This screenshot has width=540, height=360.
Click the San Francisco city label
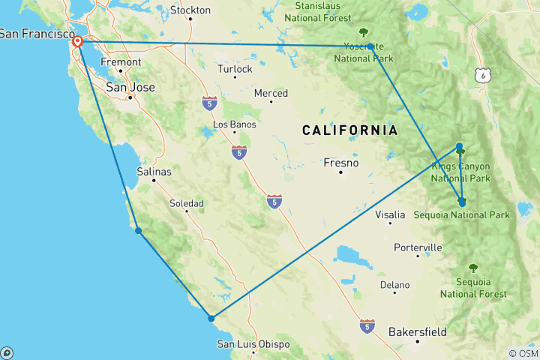pos(33,34)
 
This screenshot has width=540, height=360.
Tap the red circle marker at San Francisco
pos(77,42)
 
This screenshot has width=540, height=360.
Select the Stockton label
pos(190,10)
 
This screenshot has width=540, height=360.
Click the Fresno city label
pos(340,163)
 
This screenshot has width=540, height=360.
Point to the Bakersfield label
pos(418,331)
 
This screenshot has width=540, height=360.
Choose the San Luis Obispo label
pos(253,344)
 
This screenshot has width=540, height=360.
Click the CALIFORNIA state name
pos(349,130)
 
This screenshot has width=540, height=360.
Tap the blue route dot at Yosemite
pos(370,46)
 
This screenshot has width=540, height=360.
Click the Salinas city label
pos(154,172)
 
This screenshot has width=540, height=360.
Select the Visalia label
pos(390,214)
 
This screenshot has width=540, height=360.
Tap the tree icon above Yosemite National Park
pos(364,32)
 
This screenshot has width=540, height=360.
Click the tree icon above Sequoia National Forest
pos(472,268)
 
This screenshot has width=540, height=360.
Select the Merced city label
pos(271,94)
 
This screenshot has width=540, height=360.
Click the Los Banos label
pos(234,124)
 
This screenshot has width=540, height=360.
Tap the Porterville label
pos(418,247)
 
